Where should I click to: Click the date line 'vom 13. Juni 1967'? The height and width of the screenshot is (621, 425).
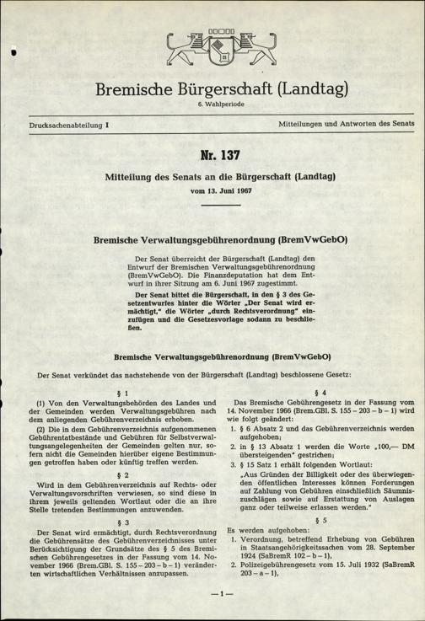coord(212,194)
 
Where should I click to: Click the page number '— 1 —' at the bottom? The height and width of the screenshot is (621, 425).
coord(212,593)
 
